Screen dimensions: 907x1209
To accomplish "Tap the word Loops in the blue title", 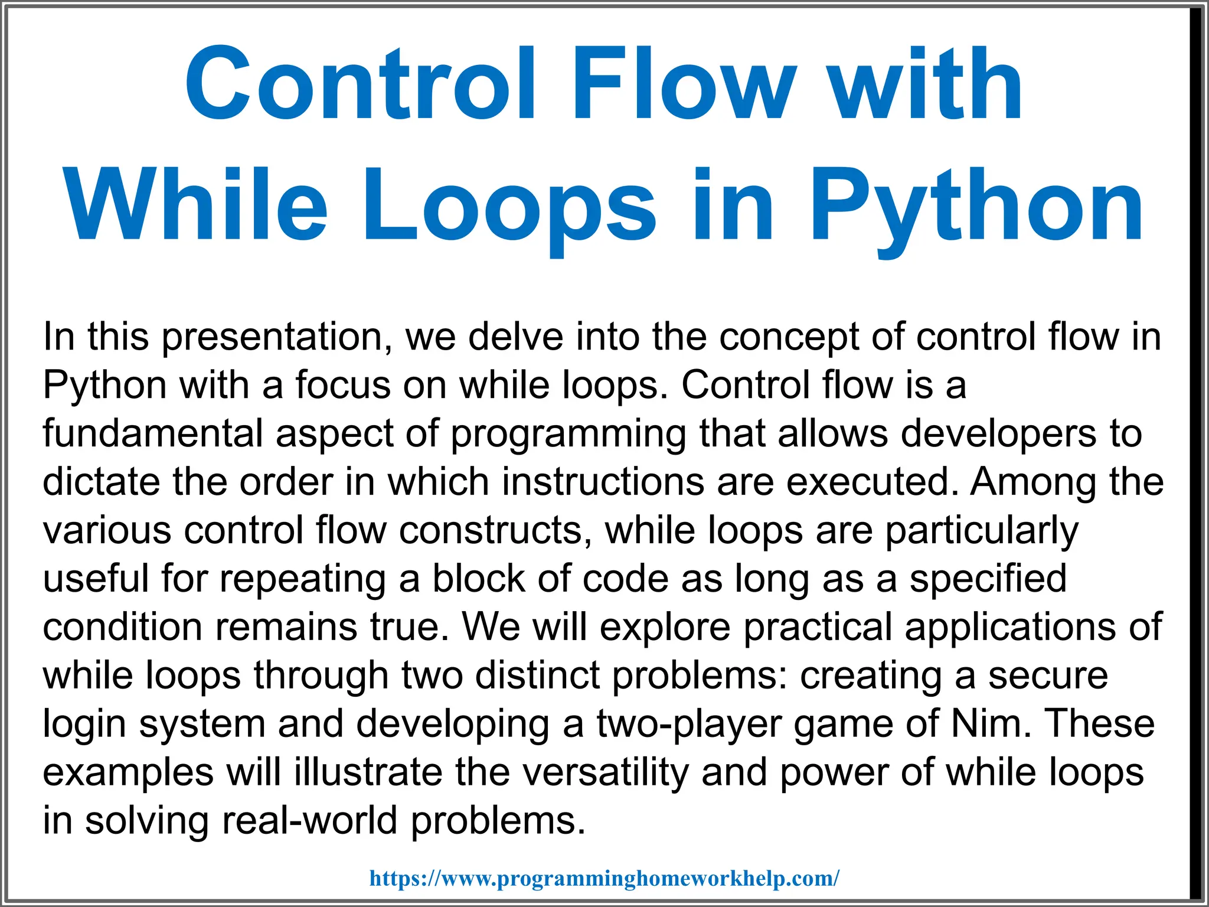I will pyautogui.click(x=508, y=205).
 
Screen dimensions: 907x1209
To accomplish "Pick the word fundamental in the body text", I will pyautogui.click(x=152, y=433).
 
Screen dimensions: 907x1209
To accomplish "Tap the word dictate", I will pyautogui.click(x=101, y=482).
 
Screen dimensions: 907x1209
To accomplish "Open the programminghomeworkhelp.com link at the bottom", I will pyautogui.click(x=604, y=878).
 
